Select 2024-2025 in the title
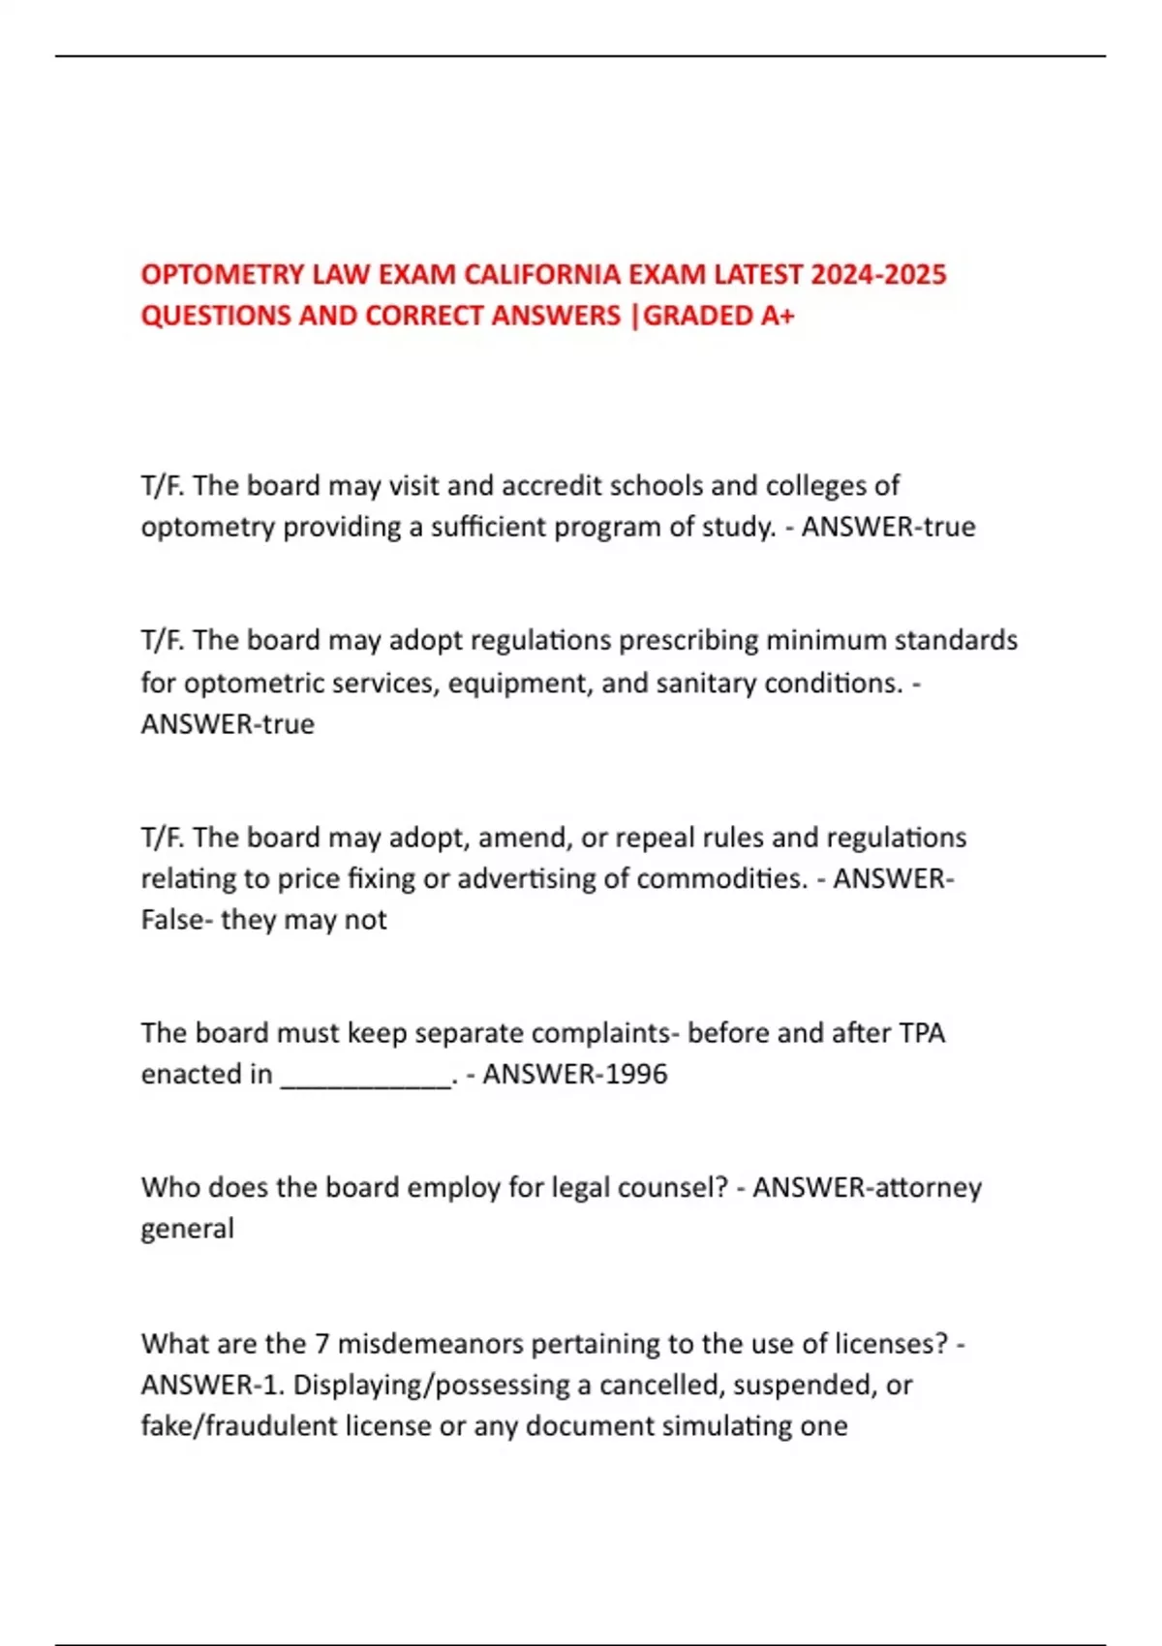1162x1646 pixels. [878, 275]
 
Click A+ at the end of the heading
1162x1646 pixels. [778, 316]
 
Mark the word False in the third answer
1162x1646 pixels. [175, 920]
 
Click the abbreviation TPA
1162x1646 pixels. [921, 1033]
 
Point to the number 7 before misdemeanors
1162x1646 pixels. [322, 1344]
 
